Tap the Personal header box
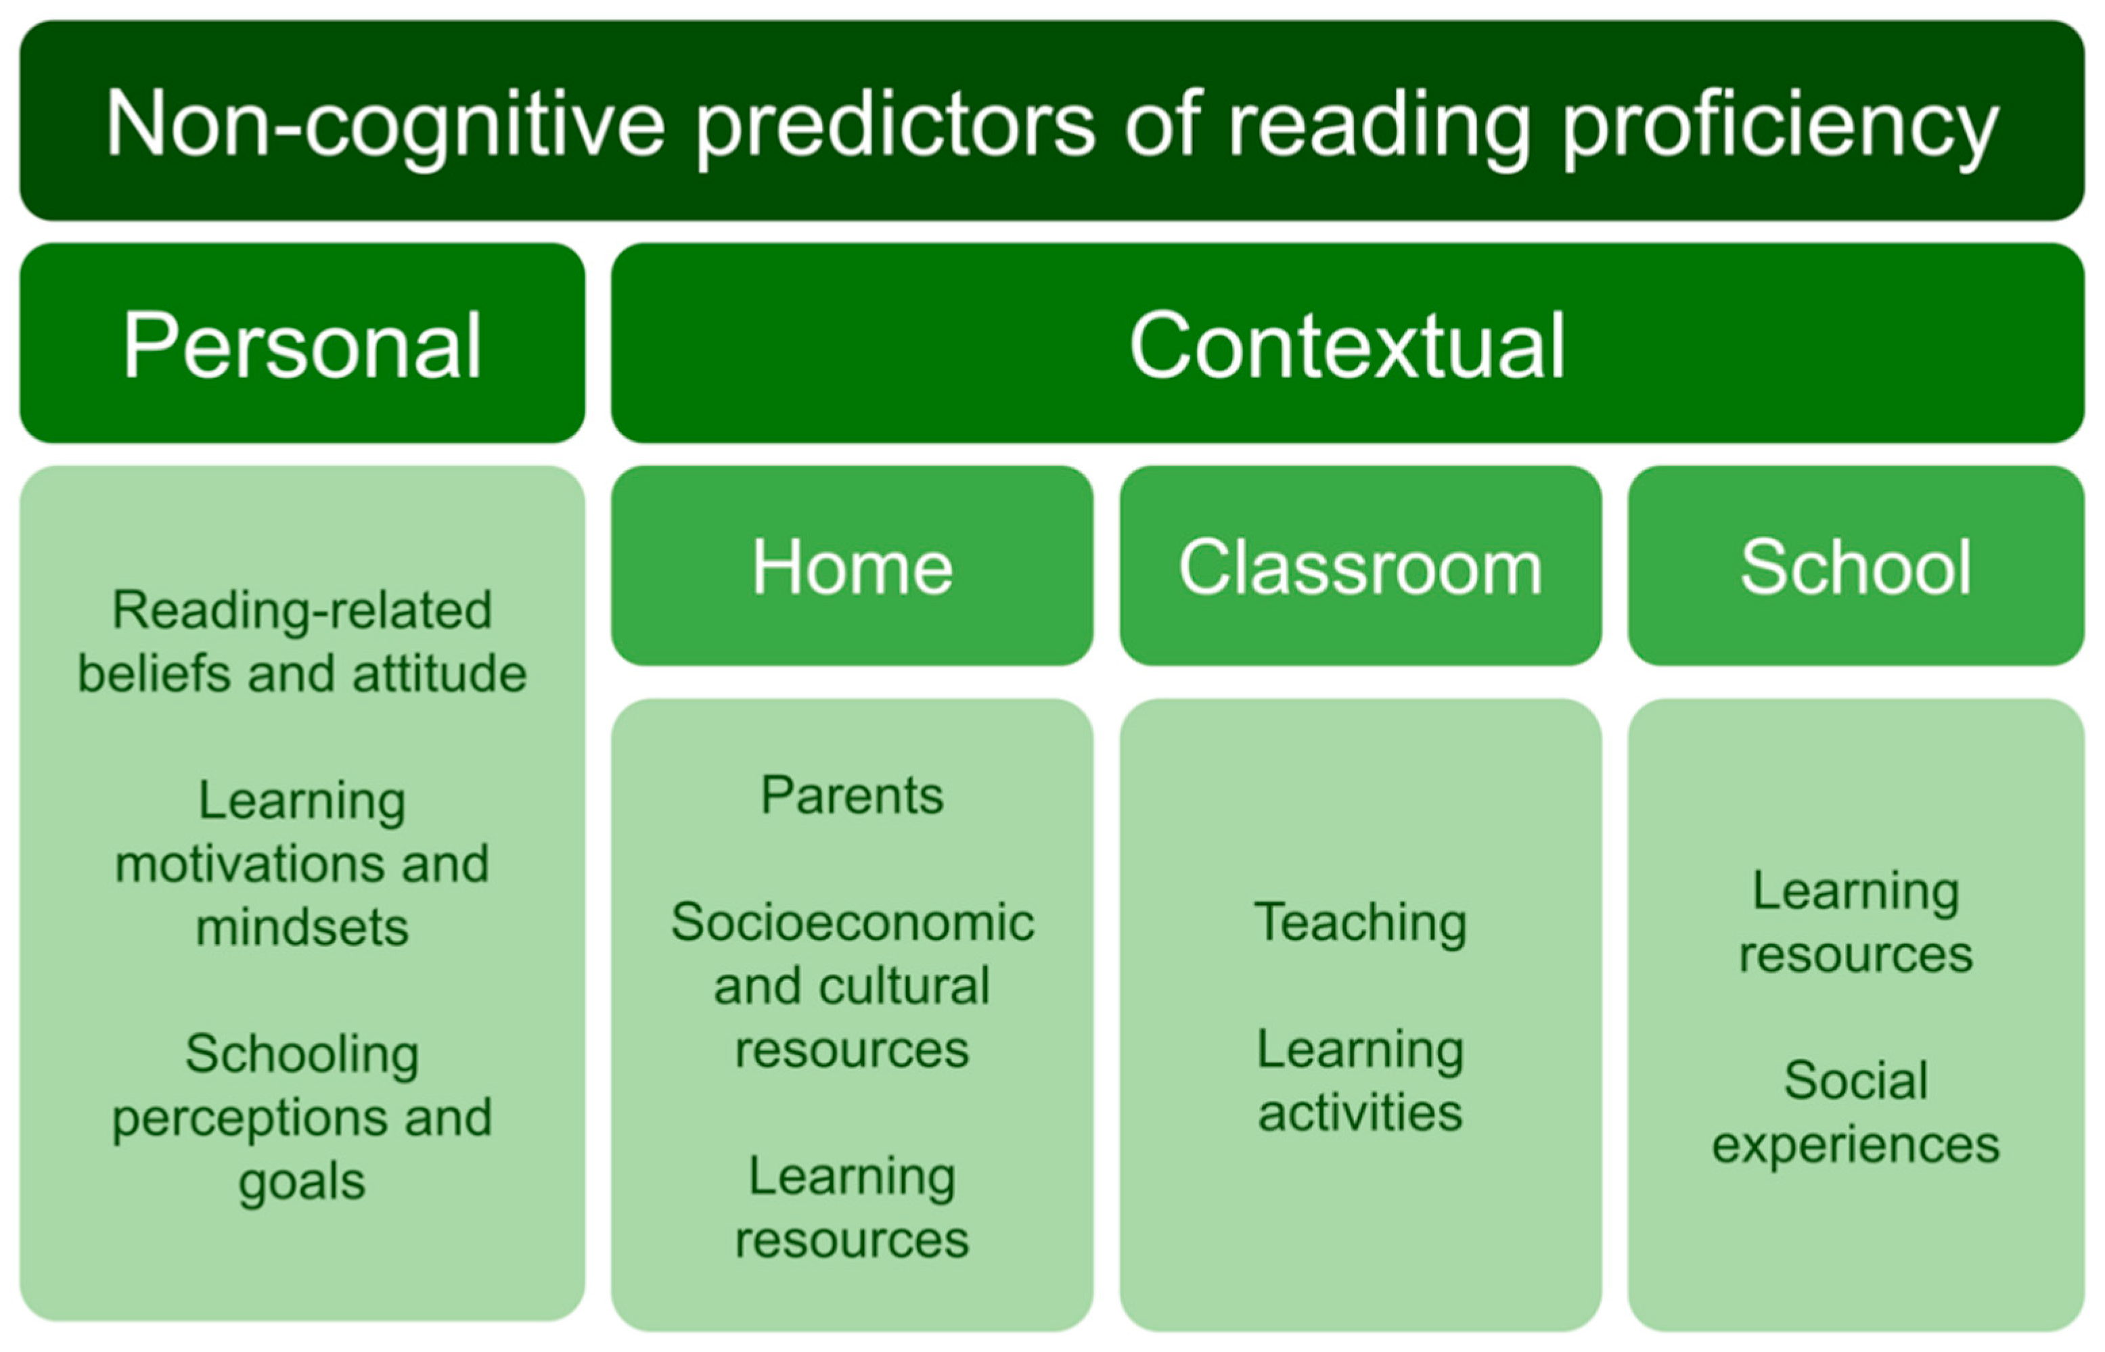pos(302,344)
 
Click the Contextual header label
pos(1347,345)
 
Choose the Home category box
pos(852,566)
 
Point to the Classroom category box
pos(1360,566)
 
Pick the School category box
pos(1855,566)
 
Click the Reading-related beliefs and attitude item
pos(302,642)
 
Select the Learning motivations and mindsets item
pos(302,864)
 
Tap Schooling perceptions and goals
pos(302,1117)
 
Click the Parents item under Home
pos(852,795)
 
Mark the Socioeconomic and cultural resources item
pos(852,985)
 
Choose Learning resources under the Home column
pos(852,1207)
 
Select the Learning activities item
pos(1360,1081)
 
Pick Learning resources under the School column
pos(1855,922)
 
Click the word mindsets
pos(302,927)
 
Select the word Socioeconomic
pos(852,922)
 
